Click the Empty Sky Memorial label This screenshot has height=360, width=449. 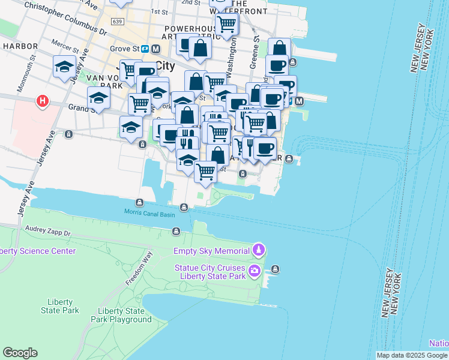click(x=211, y=251)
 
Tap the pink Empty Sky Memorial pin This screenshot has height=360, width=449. click(x=258, y=248)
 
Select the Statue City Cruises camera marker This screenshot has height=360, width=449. click(x=255, y=271)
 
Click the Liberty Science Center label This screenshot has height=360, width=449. click(x=38, y=251)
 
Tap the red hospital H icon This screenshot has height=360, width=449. click(x=42, y=101)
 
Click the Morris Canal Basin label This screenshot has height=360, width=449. click(x=149, y=212)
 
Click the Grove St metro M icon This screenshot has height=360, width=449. click(x=155, y=49)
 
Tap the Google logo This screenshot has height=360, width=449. click(x=20, y=353)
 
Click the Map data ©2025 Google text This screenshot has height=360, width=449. click(x=412, y=355)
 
